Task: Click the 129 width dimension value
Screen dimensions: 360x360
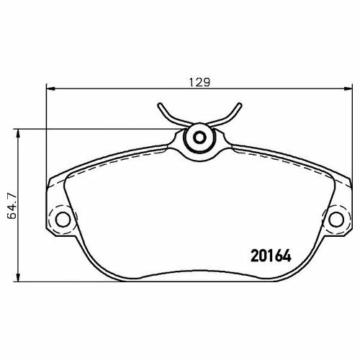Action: (199, 82)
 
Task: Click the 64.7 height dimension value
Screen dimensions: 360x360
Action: (12, 206)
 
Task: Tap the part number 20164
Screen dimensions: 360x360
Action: (271, 256)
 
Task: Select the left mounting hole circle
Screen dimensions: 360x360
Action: (63, 220)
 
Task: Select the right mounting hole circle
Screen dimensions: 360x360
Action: (336, 220)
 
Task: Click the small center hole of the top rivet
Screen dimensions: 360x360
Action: (199, 138)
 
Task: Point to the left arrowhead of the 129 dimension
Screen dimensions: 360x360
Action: (50, 89)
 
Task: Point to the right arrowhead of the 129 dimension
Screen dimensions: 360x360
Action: (348, 89)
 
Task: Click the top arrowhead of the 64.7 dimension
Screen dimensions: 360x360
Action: (17, 134)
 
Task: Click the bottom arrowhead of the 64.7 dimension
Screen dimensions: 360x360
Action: (17, 276)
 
